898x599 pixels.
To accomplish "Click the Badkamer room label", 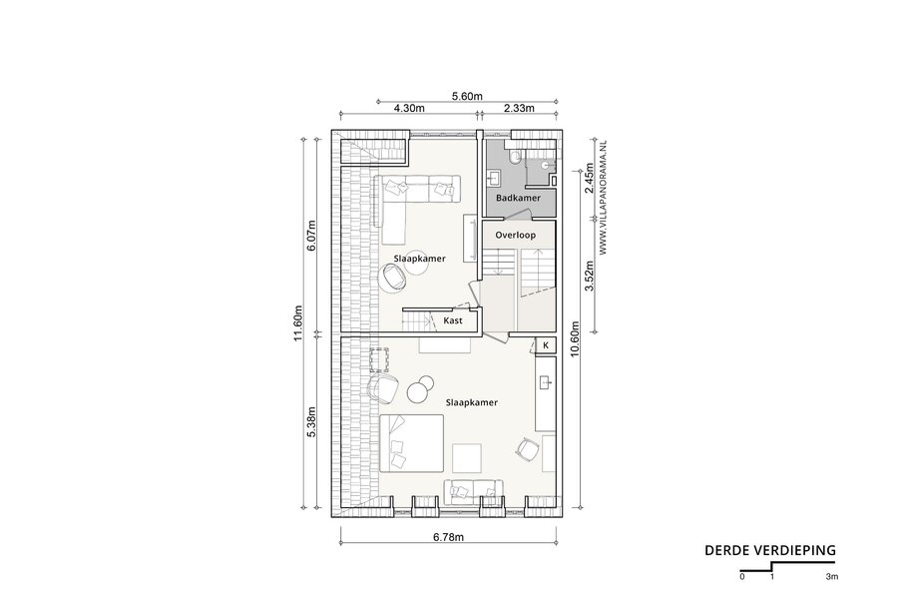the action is (518, 198).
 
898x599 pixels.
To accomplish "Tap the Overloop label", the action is (516, 235).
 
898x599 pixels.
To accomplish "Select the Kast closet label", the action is (453, 320).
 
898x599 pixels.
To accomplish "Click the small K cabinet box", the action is (546, 345).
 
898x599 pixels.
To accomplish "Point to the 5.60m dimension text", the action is (467, 96).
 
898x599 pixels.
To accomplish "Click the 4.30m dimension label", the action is (409, 108).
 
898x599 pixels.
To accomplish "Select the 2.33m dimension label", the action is (519, 108).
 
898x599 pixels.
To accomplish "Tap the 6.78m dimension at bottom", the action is (448, 537).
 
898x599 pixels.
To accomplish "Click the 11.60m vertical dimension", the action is (297, 322).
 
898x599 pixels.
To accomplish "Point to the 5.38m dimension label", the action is (311, 422).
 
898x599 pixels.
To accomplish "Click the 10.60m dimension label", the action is (576, 338).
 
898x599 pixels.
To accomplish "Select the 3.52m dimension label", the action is (589, 277).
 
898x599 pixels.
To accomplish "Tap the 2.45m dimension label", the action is (589, 179).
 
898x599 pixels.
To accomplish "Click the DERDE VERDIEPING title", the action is (770, 550).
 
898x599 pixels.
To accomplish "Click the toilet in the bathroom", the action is (516, 157).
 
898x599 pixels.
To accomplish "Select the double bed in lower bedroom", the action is (412, 443).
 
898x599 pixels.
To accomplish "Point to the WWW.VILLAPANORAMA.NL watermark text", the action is (603, 196).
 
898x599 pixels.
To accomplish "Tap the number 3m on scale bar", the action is (832, 577).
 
